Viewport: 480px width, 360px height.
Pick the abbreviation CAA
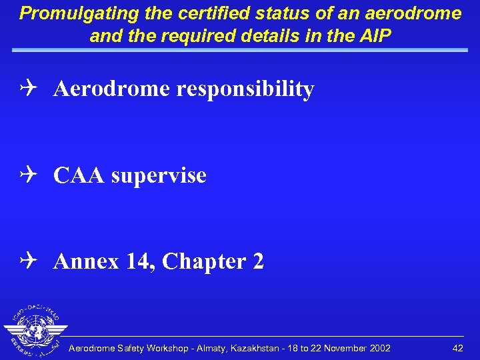(79, 175)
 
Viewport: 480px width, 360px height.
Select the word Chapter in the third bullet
(198, 261)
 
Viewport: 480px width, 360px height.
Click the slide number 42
(457, 349)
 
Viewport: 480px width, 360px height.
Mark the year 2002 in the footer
(379, 349)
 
